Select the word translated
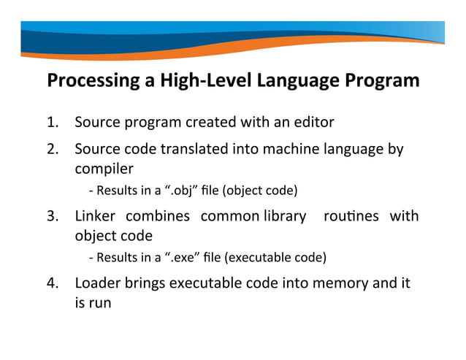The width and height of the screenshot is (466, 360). pos(195,150)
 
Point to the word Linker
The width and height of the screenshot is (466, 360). pos(96,217)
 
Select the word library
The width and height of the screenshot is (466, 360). pos(282,217)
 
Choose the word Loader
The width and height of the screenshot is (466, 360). pos(98,283)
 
